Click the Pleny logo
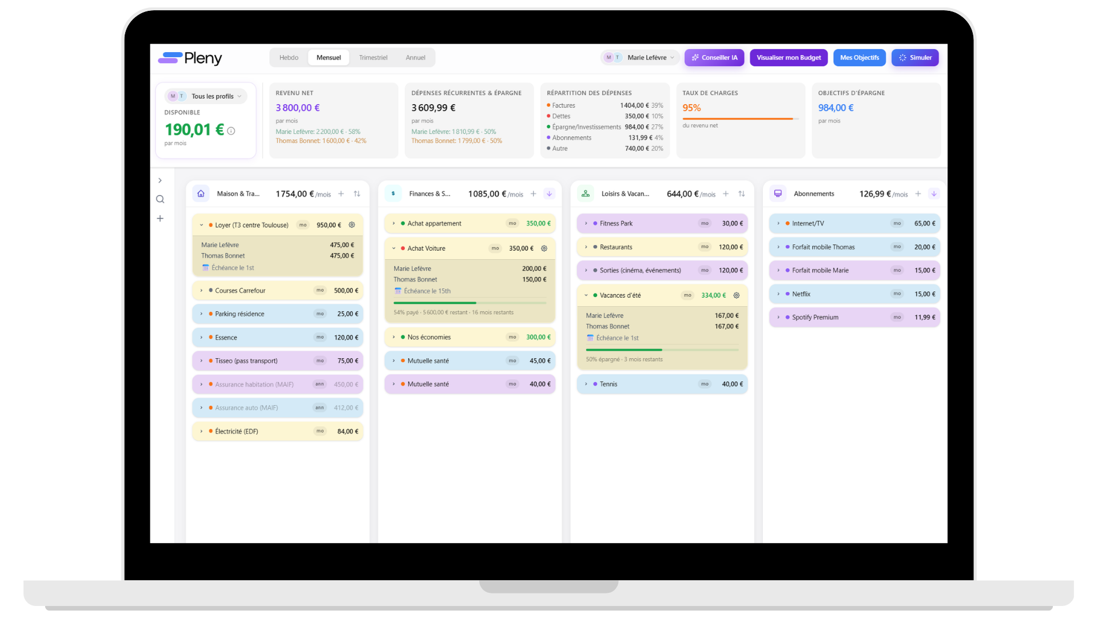[x=190, y=58]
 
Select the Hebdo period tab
[x=289, y=58]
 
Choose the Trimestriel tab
[x=373, y=58]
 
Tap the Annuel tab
[x=415, y=58]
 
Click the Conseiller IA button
[x=714, y=58]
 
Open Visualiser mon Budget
[x=789, y=58]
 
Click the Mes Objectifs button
[x=860, y=58]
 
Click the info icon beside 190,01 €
[x=231, y=131]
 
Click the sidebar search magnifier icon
[x=160, y=199]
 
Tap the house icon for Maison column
[x=201, y=194]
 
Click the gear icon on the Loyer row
[x=352, y=225]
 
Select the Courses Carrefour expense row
[x=278, y=291]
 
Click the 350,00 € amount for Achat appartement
[x=538, y=224]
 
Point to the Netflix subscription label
[x=801, y=294]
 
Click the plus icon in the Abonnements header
[x=918, y=194]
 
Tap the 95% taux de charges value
[x=691, y=108]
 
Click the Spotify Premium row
[x=854, y=318]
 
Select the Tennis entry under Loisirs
[x=662, y=385]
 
